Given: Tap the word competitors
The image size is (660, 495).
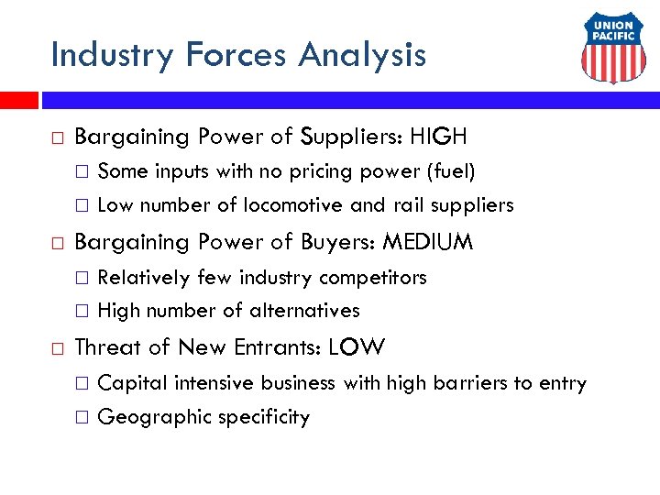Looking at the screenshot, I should pyautogui.click(x=378, y=277).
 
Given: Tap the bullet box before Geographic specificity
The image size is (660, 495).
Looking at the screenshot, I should pyautogui.click(x=81, y=418).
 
